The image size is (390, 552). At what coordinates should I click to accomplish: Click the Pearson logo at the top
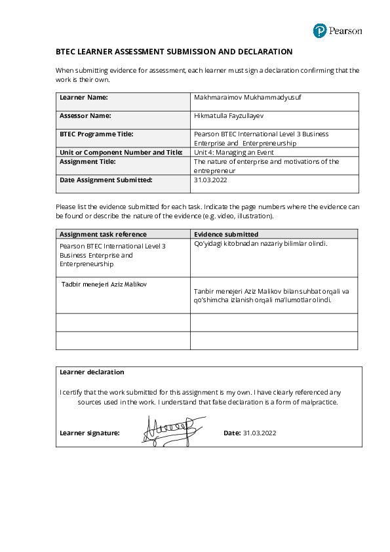(x=337, y=30)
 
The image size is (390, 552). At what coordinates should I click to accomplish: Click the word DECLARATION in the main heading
(x=260, y=52)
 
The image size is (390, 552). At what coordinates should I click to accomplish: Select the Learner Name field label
(x=83, y=97)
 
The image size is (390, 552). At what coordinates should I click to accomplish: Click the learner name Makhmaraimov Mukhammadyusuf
(x=239, y=97)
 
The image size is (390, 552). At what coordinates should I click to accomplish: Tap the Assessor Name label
(x=85, y=115)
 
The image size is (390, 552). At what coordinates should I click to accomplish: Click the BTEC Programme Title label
(x=96, y=134)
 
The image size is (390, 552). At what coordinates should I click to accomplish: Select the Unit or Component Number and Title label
(x=121, y=152)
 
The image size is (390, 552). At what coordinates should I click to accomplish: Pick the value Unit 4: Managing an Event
(x=233, y=152)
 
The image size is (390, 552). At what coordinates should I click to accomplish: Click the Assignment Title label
(x=87, y=161)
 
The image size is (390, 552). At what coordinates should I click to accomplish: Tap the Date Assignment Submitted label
(x=106, y=180)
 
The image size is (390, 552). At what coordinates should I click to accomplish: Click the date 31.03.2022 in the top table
(x=211, y=180)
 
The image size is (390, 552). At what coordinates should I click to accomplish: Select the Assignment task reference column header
(x=103, y=234)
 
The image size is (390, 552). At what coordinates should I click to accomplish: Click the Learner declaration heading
(x=92, y=372)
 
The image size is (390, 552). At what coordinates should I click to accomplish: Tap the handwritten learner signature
(x=168, y=429)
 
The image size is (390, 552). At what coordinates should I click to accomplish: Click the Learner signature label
(x=89, y=433)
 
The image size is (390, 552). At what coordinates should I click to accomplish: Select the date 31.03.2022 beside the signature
(x=260, y=433)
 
